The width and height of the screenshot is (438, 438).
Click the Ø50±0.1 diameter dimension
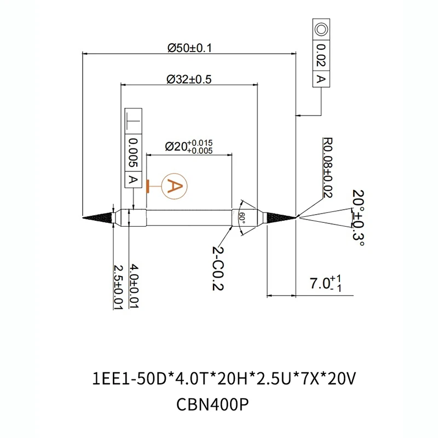tap(189, 48)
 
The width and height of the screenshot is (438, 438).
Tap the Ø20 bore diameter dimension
tap(188, 147)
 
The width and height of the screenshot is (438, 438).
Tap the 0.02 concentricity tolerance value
tap(321, 56)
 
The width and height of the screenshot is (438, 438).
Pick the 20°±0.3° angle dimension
tap(358, 218)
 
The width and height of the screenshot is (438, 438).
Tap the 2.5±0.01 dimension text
tap(117, 287)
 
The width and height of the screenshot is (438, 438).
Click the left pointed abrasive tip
tap(96, 217)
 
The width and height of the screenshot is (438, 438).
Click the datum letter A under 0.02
tap(321, 80)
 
